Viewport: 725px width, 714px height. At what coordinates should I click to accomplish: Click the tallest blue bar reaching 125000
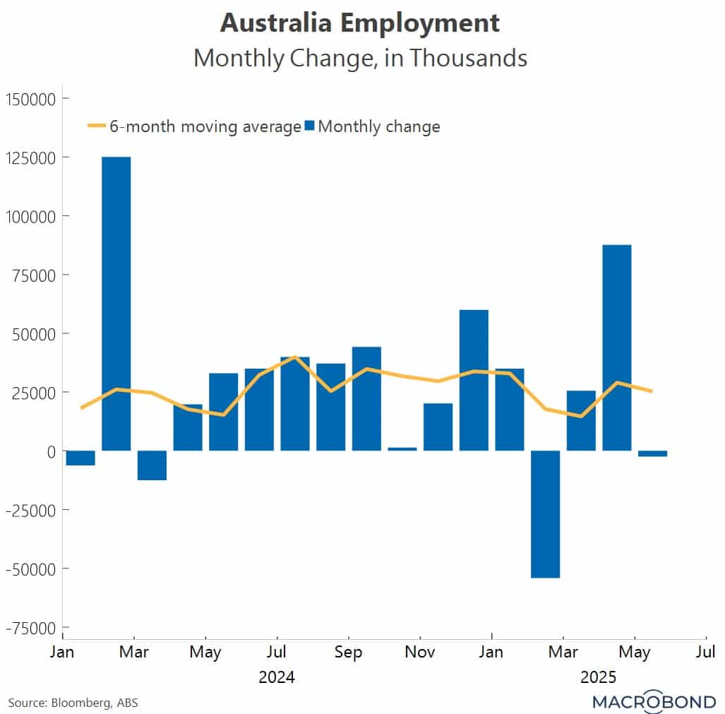tap(116, 304)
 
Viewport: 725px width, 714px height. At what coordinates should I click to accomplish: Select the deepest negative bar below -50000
tap(546, 513)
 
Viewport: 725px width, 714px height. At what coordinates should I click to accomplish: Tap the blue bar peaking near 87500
tap(617, 347)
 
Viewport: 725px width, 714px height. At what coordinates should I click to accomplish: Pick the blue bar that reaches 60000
tap(474, 380)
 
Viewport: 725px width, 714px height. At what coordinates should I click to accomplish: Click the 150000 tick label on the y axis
tap(31, 98)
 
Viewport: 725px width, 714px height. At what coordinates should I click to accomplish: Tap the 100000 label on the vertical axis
tap(31, 215)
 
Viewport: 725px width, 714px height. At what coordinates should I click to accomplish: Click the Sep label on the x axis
tap(348, 651)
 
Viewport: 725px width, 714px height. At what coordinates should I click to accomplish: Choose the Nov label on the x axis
tap(420, 651)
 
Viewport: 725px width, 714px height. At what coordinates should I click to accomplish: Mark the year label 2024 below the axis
tap(277, 677)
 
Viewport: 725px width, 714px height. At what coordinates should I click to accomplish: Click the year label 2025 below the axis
tap(599, 677)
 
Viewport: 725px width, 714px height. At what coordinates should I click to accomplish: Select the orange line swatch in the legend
tap(96, 126)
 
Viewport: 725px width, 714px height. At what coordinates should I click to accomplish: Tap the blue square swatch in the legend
tap(309, 126)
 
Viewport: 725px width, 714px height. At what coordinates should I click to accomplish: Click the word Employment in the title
tap(421, 23)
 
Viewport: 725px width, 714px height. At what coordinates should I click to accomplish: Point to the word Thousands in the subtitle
tap(468, 58)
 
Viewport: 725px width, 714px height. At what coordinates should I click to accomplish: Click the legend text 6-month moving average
tap(205, 126)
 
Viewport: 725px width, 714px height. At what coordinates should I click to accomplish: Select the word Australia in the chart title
tap(277, 23)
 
